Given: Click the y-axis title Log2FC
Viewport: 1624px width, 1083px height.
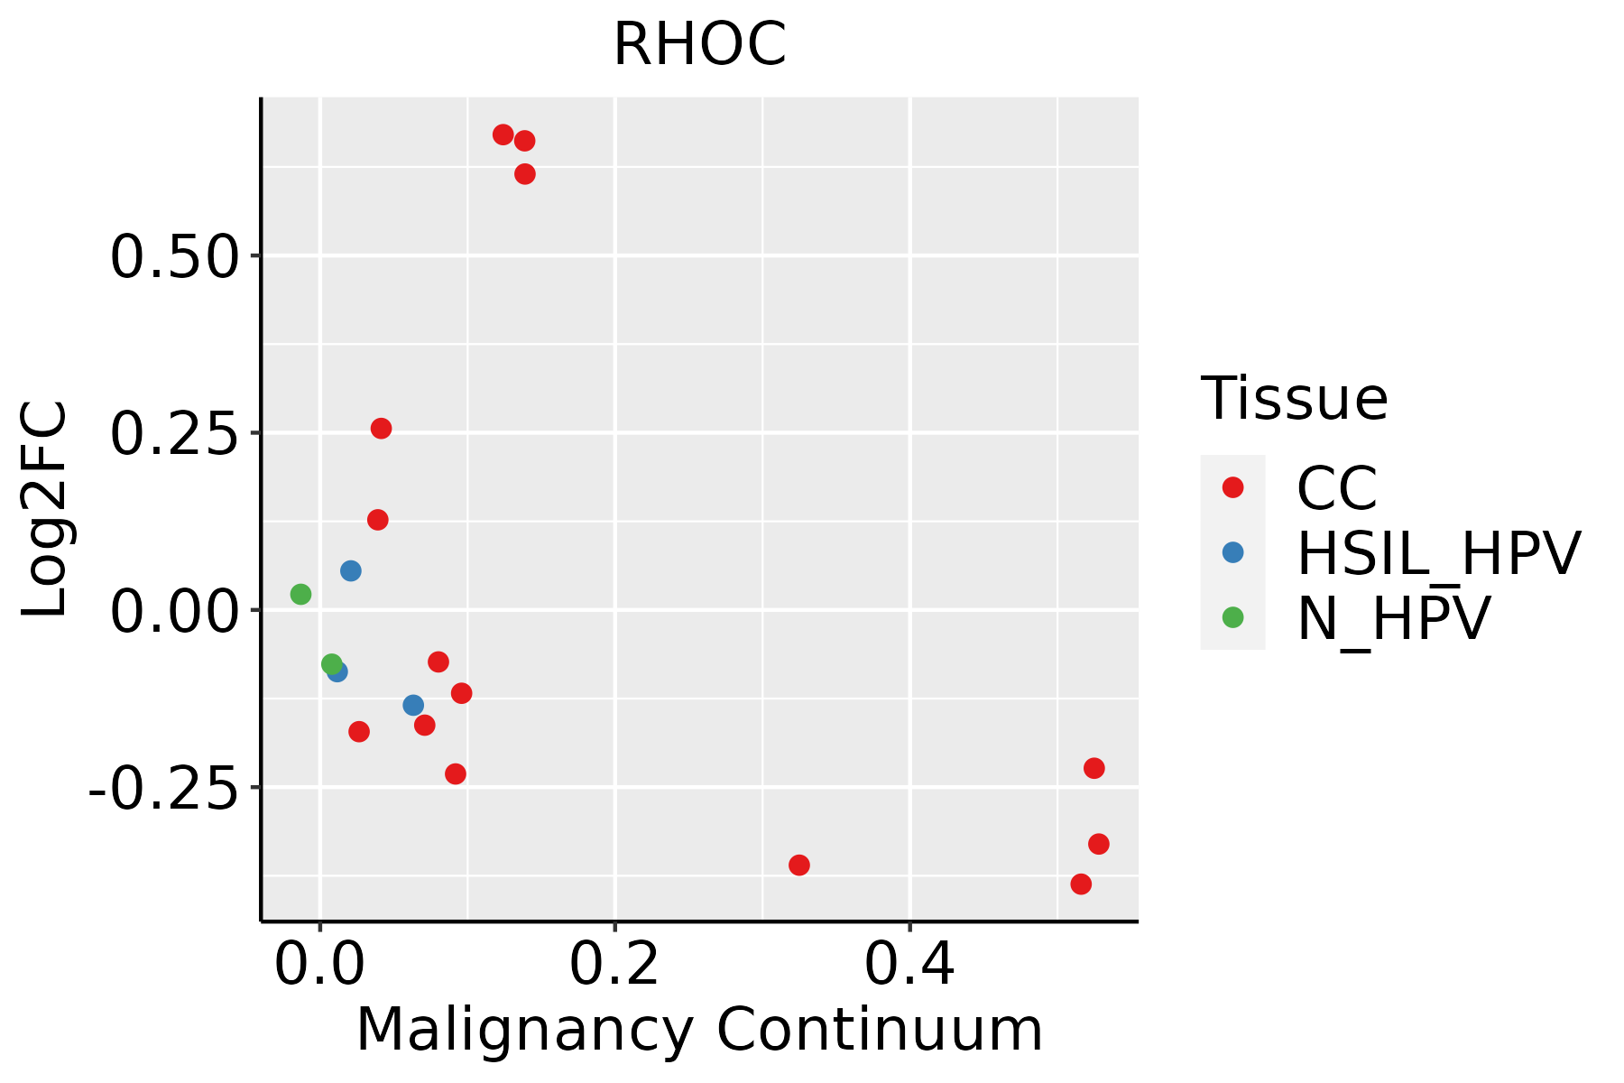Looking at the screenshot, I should click(45, 510).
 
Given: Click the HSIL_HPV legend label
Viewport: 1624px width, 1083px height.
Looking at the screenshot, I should click(1438, 553).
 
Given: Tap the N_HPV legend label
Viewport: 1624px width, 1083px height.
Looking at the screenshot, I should click(1393, 618).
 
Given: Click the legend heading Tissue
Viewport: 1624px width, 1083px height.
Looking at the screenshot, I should click(1294, 398).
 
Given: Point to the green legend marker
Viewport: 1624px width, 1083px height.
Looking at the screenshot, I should click(1232, 617).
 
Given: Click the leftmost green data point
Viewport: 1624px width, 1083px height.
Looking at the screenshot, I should click(300, 594).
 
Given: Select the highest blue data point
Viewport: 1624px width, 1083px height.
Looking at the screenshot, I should click(351, 570).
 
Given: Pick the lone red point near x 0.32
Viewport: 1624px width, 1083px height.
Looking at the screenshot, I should click(798, 865).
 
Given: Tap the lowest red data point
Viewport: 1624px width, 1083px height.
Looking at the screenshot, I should click(1081, 884).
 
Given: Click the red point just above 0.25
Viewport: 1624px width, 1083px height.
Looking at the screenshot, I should click(381, 428).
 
